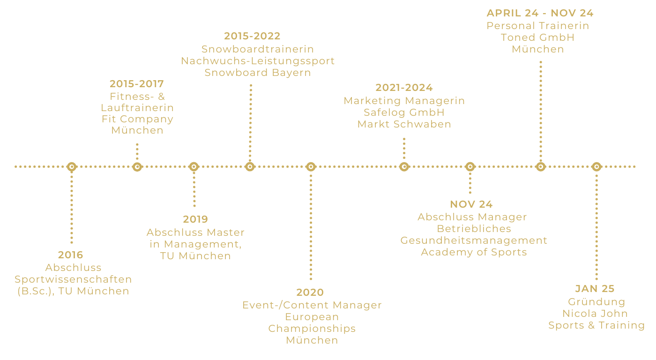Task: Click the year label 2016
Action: pyautogui.click(x=71, y=255)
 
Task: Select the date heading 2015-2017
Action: pyautogui.click(x=137, y=84)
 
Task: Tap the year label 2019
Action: pyautogui.click(x=195, y=219)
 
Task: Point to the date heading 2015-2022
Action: pyautogui.click(x=252, y=36)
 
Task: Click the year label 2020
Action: pyautogui.click(x=310, y=292)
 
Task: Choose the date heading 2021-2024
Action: pyautogui.click(x=404, y=88)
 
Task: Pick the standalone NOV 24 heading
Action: pyautogui.click(x=471, y=204)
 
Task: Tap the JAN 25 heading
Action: pyautogui.click(x=595, y=289)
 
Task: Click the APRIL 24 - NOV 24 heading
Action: pyautogui.click(x=540, y=13)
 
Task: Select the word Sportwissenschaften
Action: pyautogui.click(x=73, y=279)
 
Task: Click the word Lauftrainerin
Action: pyautogui.click(x=137, y=108)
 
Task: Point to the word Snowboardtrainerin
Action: pyautogui.click(x=258, y=49)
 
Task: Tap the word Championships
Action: pyautogui.click(x=312, y=329)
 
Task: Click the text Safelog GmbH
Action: pyautogui.click(x=404, y=112)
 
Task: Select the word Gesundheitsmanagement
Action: pyautogui.click(x=474, y=240)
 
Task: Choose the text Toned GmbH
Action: pyautogui.click(x=537, y=37)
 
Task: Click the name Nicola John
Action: pyautogui.click(x=595, y=314)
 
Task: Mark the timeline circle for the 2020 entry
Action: pyautogui.click(x=311, y=166)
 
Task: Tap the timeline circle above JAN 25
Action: pyautogui.click(x=596, y=166)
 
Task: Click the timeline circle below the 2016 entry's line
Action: pyautogui.click(x=71, y=166)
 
